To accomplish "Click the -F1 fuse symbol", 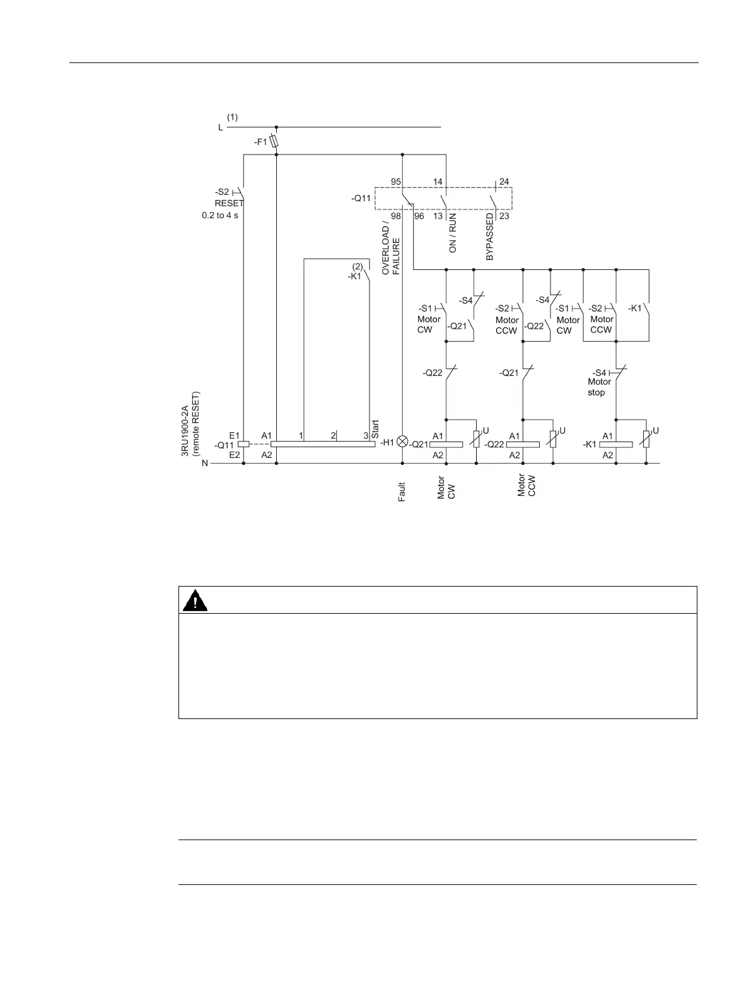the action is coord(274,142).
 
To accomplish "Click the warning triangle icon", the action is coord(195,600).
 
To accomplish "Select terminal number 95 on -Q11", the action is coord(396,182).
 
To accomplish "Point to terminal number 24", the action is coord(504,182).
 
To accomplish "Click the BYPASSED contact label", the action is coord(490,237).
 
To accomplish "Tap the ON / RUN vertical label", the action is coord(453,233).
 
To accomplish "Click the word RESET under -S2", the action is coord(229,204).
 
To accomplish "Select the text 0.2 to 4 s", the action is coord(220,215).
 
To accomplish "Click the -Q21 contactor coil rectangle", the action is coord(446,444).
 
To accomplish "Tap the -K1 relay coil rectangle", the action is coord(615,444).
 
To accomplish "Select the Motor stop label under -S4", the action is coord(598,387).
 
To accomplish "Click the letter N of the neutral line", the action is coord(205,464).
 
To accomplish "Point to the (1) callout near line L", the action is coord(233,117).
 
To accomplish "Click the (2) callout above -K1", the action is coord(358,266).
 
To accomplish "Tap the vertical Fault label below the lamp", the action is coord(402,492).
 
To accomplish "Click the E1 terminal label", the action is coord(235,435).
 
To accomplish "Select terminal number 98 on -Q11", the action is coord(396,216).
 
